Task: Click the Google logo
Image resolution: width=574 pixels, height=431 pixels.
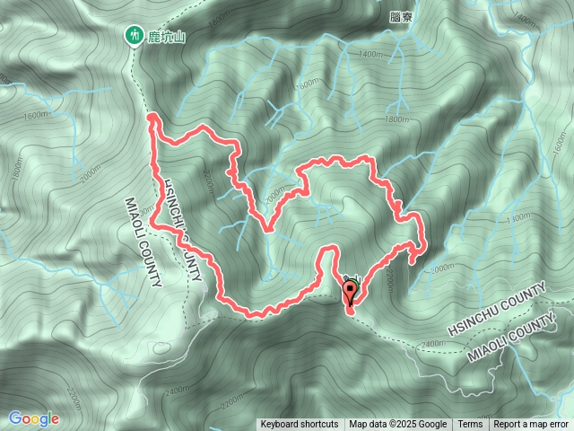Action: pyautogui.click(x=34, y=418)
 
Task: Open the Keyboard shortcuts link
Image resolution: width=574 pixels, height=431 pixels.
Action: pyautogui.click(x=299, y=425)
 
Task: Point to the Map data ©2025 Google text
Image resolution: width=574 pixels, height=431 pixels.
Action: pyautogui.click(x=398, y=425)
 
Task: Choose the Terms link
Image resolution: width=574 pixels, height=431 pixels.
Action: pyautogui.click(x=470, y=425)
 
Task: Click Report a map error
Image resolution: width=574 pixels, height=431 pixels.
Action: pyautogui.click(x=532, y=425)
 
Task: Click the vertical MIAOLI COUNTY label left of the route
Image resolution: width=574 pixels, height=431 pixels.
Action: pyautogui.click(x=142, y=242)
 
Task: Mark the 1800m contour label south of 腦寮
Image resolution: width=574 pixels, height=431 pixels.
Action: pyautogui.click(x=396, y=119)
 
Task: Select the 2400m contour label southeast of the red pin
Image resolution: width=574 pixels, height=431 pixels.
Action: pyautogui.click(x=432, y=343)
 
